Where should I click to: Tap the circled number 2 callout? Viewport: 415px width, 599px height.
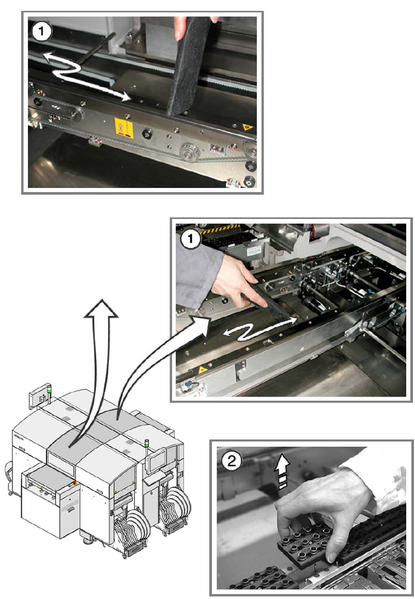pyautogui.click(x=232, y=461)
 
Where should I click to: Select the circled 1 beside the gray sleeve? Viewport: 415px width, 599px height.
pyautogui.click(x=190, y=240)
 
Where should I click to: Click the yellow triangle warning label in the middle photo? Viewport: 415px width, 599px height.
pyautogui.click(x=201, y=369)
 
